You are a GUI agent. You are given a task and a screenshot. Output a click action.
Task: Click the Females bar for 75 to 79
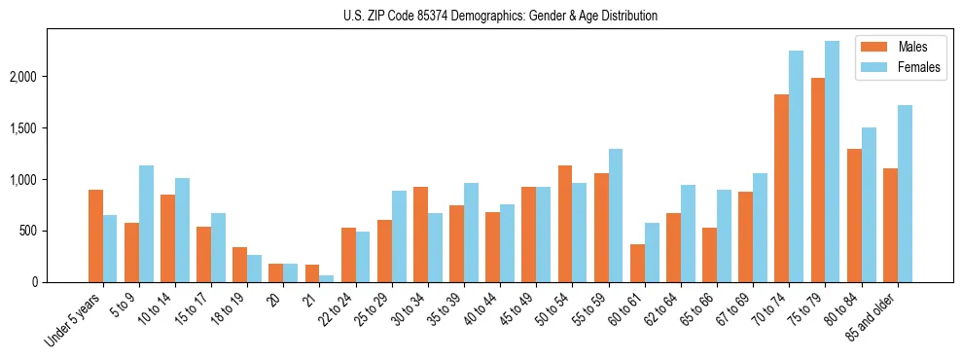coord(832,162)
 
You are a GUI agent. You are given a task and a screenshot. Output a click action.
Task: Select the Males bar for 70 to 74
coord(781,188)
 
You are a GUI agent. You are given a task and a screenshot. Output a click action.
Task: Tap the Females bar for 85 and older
coord(904,194)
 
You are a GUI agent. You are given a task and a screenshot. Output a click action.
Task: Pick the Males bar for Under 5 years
coord(95,235)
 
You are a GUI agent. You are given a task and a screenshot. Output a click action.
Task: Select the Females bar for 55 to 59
coord(616,215)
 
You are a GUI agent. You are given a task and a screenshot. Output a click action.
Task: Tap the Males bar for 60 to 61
coord(637,263)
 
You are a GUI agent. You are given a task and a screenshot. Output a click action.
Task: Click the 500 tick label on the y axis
coord(53,231)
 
